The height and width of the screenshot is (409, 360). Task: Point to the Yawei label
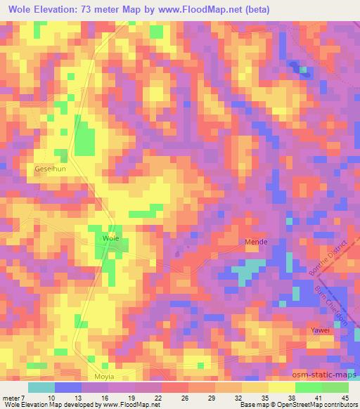click(x=321, y=330)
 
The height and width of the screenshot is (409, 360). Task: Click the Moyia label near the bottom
click(x=104, y=377)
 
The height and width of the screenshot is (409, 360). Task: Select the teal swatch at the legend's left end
click(x=41, y=387)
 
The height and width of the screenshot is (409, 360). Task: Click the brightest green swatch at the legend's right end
click(x=335, y=387)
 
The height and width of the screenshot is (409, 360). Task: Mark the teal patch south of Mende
click(x=245, y=271)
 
